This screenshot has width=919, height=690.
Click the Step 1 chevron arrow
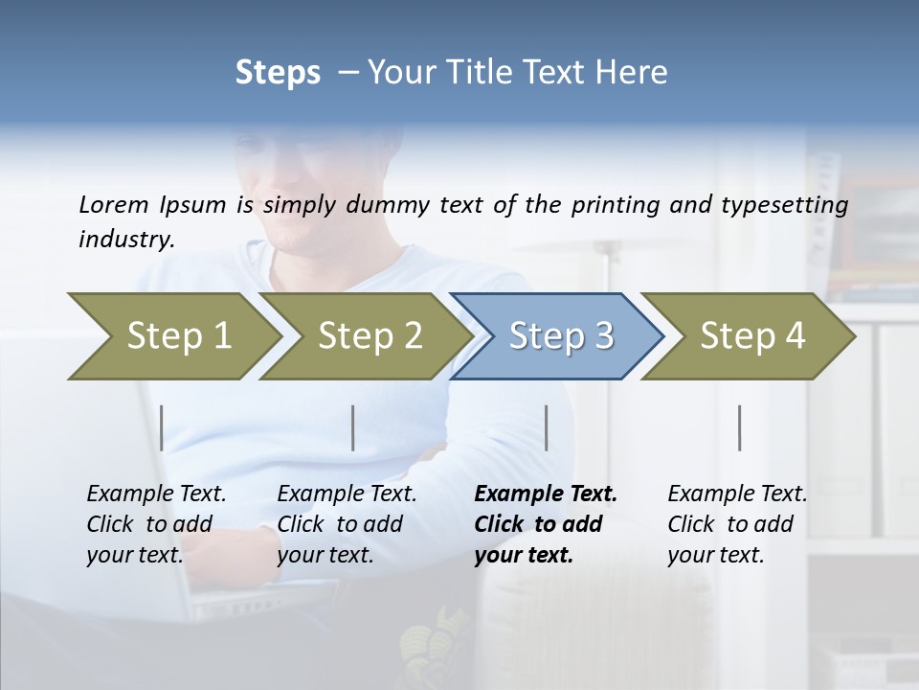click(179, 336)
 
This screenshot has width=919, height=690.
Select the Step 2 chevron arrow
click(370, 336)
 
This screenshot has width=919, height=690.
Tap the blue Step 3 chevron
click(561, 336)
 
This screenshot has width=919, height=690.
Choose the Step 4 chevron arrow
click(752, 336)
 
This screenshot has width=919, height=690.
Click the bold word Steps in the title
click(278, 73)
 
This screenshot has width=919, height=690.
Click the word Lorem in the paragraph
click(113, 205)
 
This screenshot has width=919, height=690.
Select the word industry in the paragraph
click(125, 240)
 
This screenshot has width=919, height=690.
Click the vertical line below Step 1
click(162, 427)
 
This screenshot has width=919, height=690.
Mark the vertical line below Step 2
click(353, 427)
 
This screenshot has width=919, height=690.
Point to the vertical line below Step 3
click(547, 427)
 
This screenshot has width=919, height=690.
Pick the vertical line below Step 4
click(740, 427)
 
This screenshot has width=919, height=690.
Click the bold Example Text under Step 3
click(546, 494)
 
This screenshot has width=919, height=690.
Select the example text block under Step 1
click(156, 524)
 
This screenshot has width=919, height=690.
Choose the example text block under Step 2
click(347, 524)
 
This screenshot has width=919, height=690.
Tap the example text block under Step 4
click(737, 524)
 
